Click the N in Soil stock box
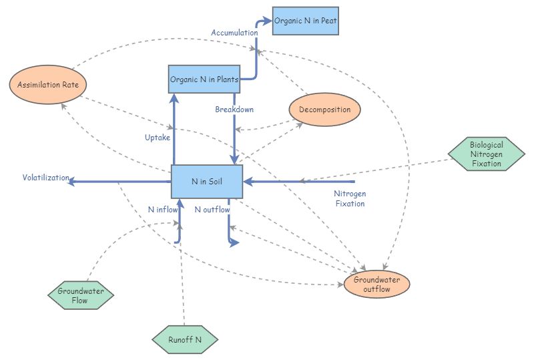click(x=207, y=181)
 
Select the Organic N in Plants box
click(x=204, y=79)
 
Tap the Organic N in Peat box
click(x=306, y=21)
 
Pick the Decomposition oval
click(x=324, y=110)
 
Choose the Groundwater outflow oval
click(x=376, y=284)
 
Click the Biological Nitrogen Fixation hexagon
click(x=486, y=154)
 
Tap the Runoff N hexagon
click(x=184, y=339)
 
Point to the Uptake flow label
click(x=158, y=138)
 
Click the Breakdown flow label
click(x=234, y=109)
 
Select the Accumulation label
click(x=234, y=32)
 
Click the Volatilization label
click(x=45, y=178)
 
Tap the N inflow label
click(x=163, y=209)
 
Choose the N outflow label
click(x=212, y=209)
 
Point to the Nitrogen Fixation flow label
click(x=350, y=198)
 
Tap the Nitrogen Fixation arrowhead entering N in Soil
click(x=247, y=181)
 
